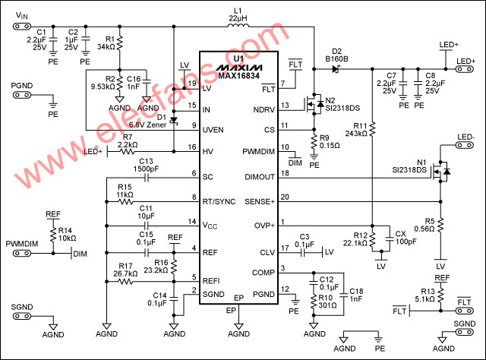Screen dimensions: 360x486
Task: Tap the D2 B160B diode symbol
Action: (336, 68)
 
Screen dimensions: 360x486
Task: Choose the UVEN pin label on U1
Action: (217, 125)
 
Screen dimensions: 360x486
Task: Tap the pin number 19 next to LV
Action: (192, 83)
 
